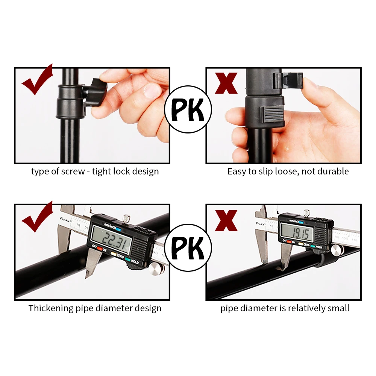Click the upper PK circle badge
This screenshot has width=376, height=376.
coord(188,109)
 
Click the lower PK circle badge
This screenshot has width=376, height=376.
coord(188,248)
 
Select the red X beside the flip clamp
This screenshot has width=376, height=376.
coord(226,83)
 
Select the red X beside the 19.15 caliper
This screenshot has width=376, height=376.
coord(226,220)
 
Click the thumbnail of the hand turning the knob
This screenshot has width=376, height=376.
coord(92,115)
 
